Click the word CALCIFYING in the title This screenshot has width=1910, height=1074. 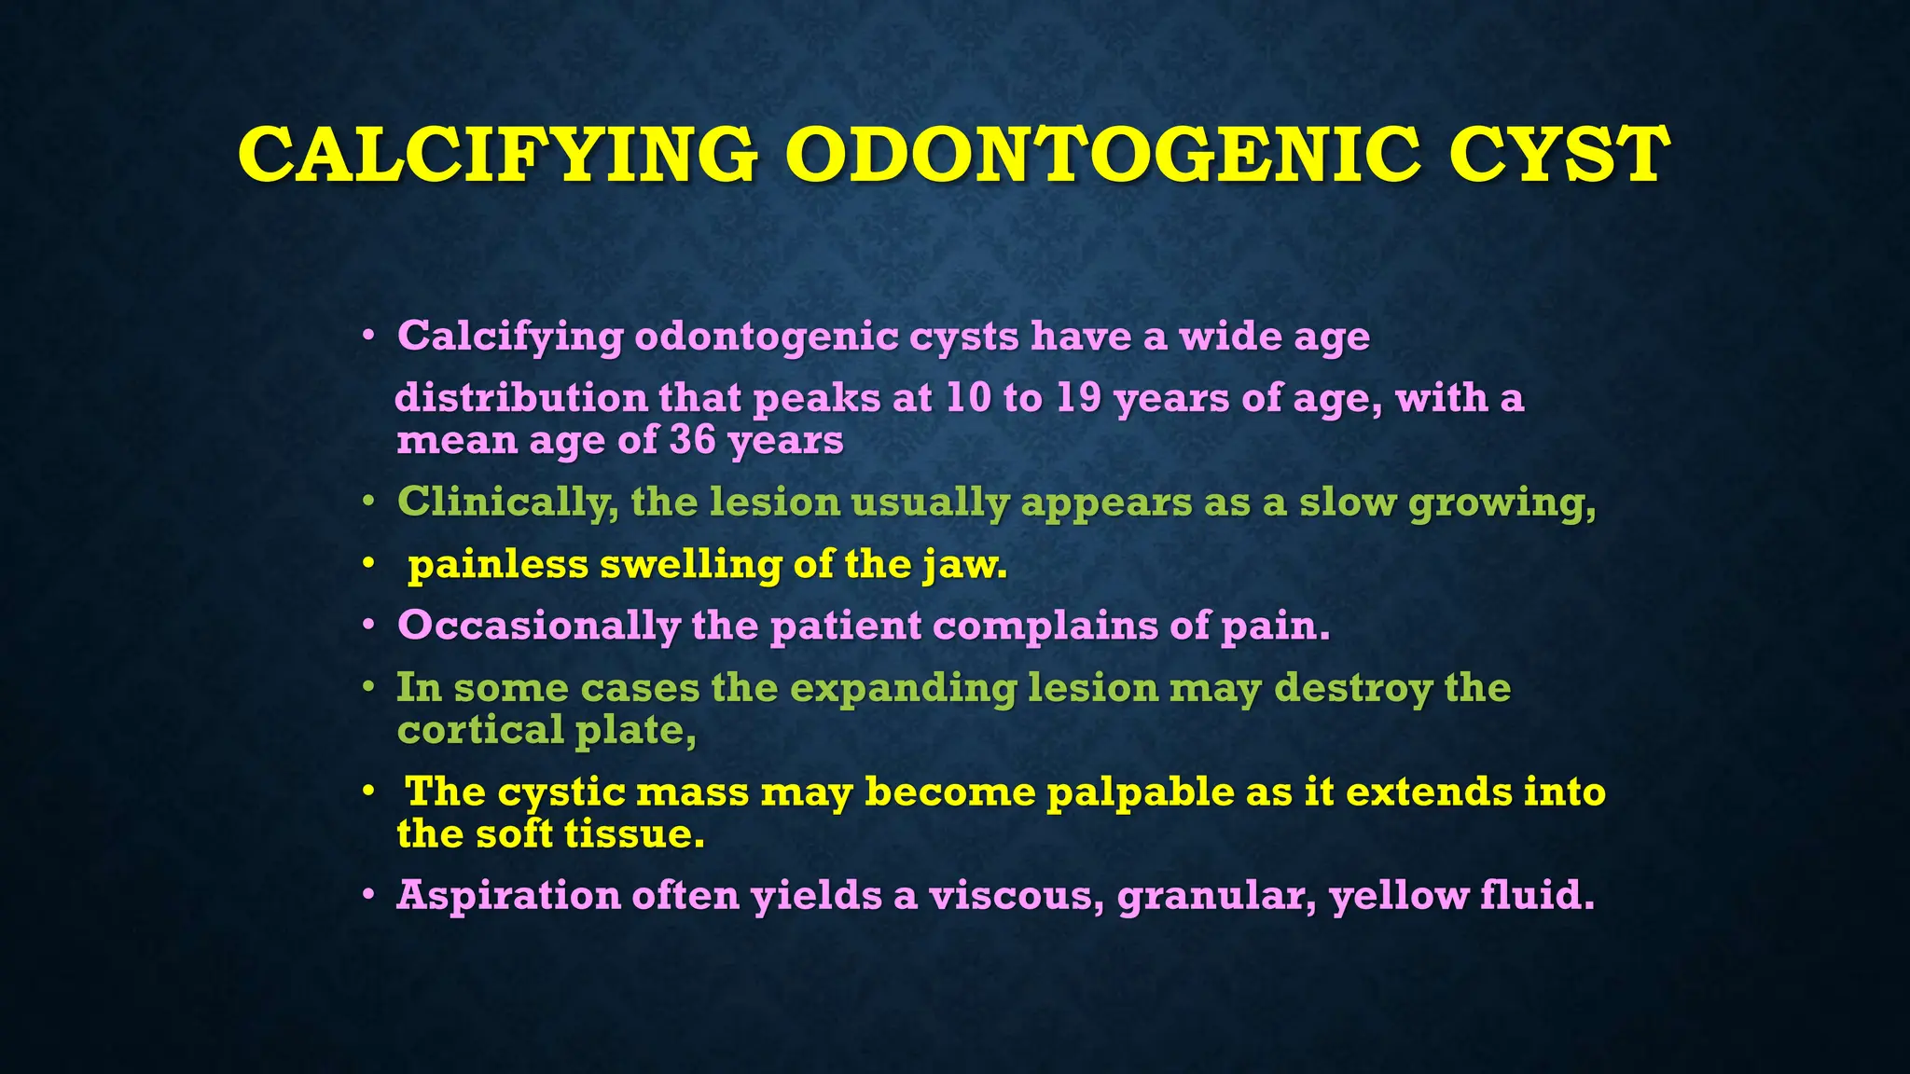[497, 154]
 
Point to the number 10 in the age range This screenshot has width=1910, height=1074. [968, 398]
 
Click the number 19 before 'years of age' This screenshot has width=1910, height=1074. [1079, 398]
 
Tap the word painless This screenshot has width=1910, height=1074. [498, 564]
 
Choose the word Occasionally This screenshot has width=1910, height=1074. [538, 626]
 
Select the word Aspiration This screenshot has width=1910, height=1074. [508, 896]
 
